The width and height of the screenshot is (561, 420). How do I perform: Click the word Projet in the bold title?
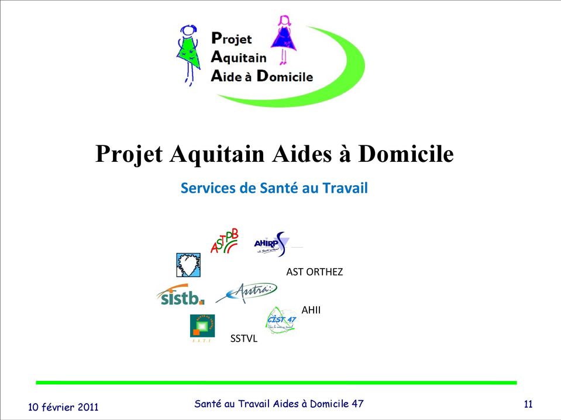point(129,155)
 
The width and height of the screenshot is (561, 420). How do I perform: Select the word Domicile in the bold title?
point(405,155)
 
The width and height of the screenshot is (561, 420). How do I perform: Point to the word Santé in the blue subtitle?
point(278,189)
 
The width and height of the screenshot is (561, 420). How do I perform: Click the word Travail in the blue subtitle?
point(345,189)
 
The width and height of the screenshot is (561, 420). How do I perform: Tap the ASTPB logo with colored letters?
point(225,241)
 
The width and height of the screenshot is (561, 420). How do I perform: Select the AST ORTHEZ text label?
point(314,272)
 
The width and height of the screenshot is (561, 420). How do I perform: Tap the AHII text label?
point(311,310)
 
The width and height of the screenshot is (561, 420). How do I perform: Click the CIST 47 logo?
point(281,320)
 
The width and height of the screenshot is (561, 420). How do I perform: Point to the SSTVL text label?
point(243,338)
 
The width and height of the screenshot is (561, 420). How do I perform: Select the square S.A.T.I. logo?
point(202,327)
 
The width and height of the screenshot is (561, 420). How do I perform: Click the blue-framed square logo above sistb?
point(188,265)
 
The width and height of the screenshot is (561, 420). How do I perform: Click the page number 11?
point(528,404)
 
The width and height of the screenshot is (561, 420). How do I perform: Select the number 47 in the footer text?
point(356,404)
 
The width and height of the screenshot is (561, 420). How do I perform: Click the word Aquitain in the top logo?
point(238,57)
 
